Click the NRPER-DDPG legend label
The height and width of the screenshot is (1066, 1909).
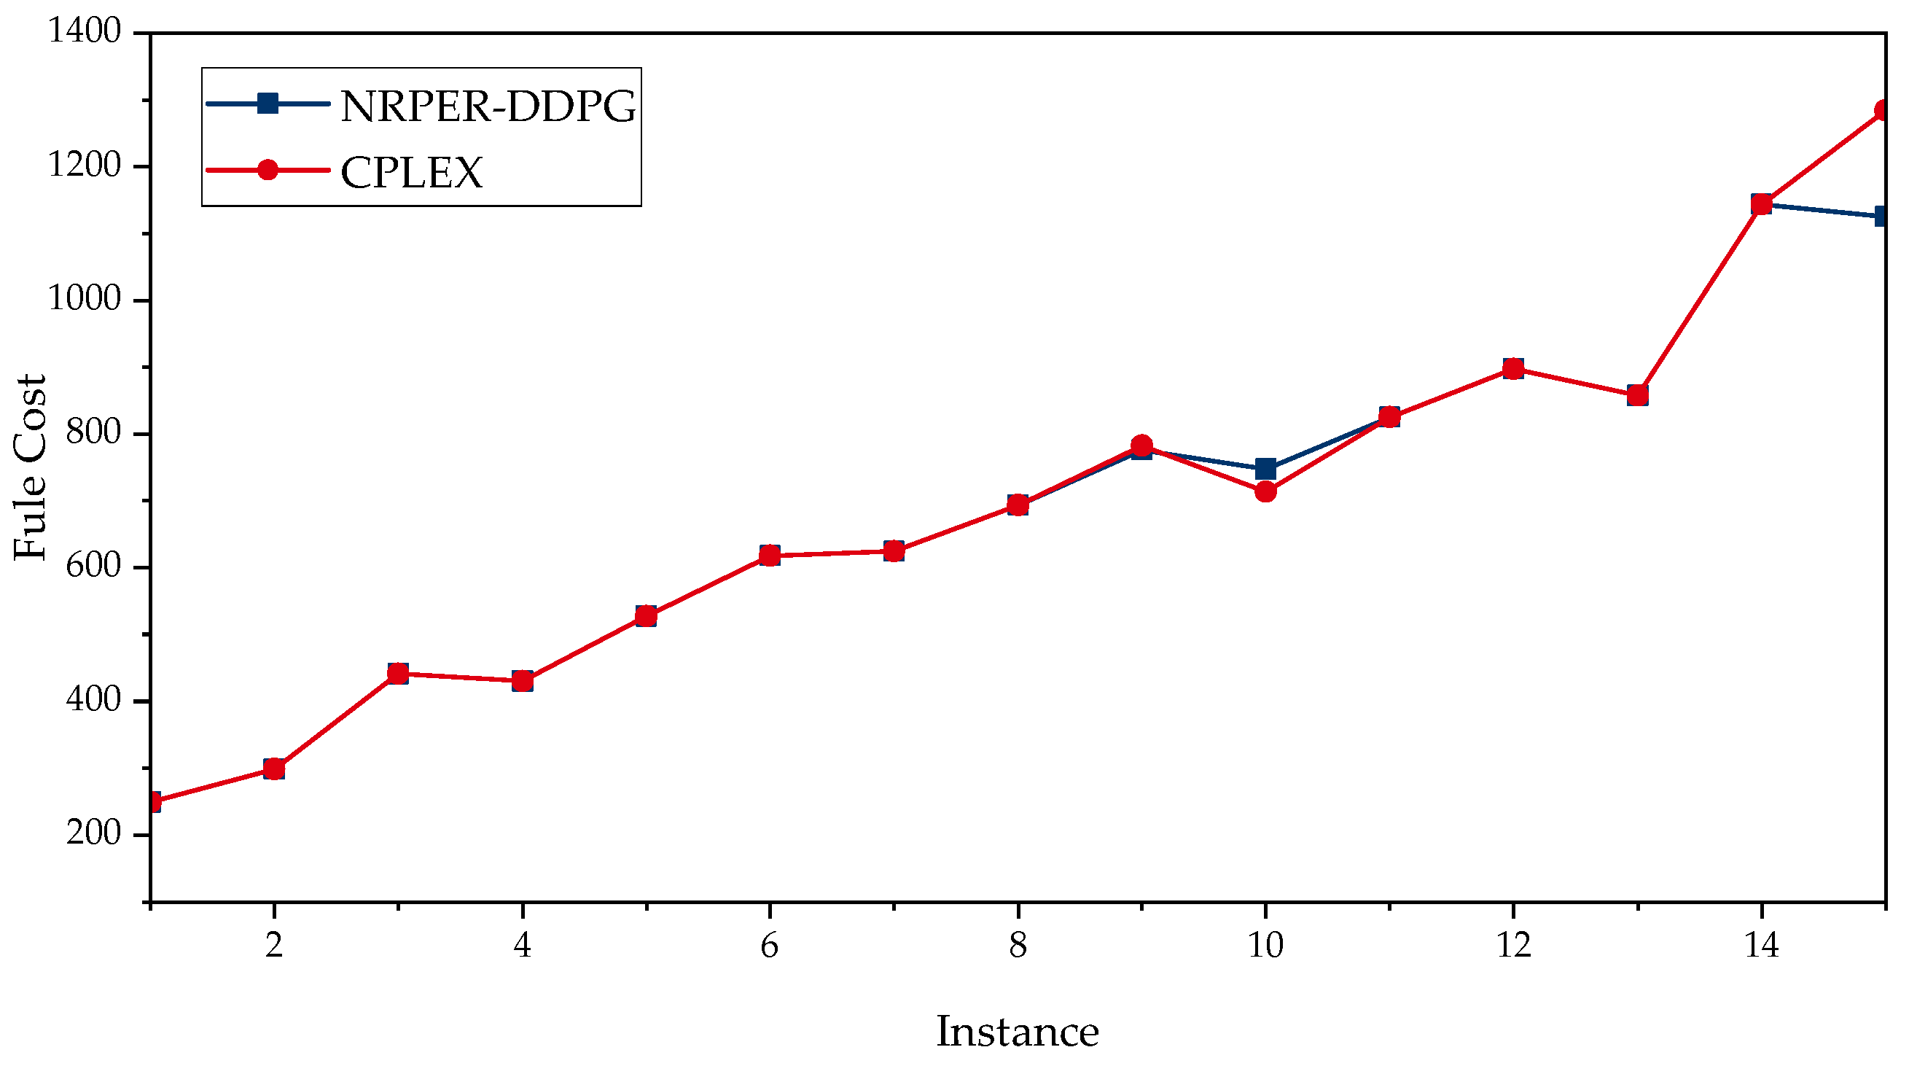click(x=488, y=106)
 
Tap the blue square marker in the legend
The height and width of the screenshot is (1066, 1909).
click(x=268, y=103)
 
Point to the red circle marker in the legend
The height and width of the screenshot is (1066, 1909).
click(x=268, y=170)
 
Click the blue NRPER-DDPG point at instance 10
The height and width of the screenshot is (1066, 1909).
click(x=1265, y=469)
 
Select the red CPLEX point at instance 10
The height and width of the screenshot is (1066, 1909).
click(x=1265, y=491)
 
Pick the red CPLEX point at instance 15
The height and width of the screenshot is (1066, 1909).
click(x=1882, y=110)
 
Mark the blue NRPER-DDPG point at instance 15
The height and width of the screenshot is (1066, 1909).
click(x=1882, y=217)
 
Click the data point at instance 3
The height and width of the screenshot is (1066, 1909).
click(x=398, y=673)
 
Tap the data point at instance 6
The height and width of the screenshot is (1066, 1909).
click(x=769, y=556)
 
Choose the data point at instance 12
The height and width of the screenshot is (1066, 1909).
click(x=1513, y=368)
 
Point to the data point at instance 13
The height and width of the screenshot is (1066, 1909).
click(x=1637, y=395)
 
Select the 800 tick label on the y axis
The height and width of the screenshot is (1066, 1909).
click(x=93, y=432)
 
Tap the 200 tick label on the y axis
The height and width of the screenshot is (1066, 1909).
click(x=93, y=833)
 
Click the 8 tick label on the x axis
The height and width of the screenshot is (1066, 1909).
click(x=1018, y=946)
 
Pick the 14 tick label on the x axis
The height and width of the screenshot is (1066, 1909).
click(x=1761, y=946)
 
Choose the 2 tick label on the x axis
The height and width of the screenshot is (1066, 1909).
click(x=274, y=946)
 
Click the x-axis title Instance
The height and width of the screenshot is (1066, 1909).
click(x=1017, y=1032)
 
